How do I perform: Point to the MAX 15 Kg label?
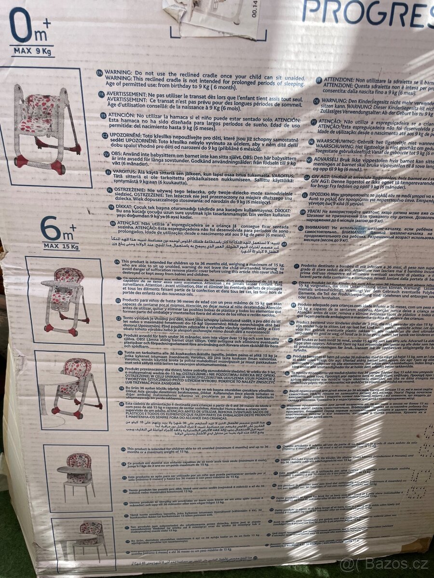[x=60, y=247]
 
